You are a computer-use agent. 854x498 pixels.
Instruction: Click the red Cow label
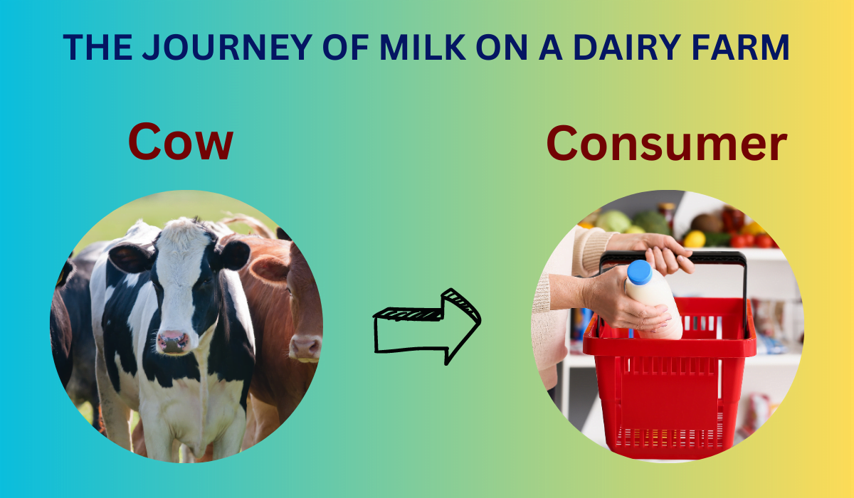click(x=180, y=142)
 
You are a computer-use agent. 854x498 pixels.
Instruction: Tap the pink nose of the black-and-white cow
click(x=173, y=341)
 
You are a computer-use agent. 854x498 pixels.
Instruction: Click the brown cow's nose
click(x=305, y=346)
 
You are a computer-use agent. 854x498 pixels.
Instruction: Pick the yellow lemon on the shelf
click(x=695, y=240)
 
